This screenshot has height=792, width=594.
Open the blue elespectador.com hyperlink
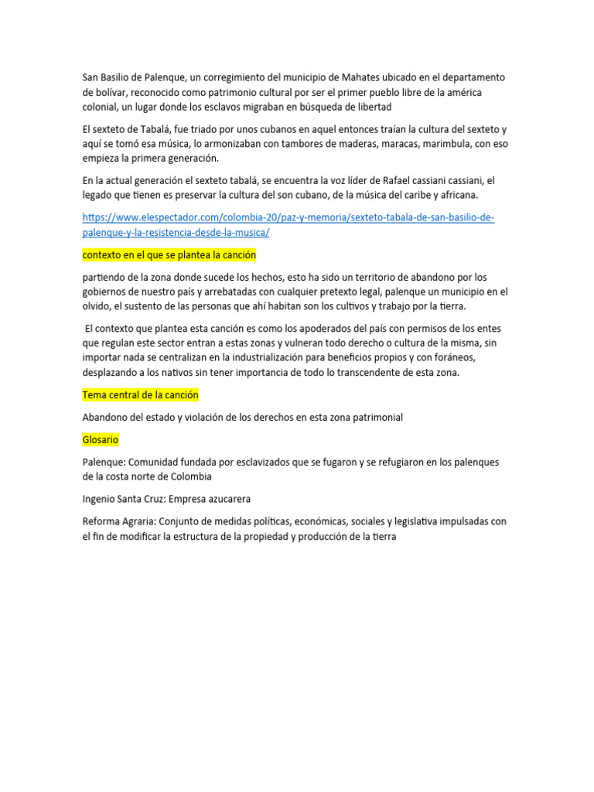[288, 217]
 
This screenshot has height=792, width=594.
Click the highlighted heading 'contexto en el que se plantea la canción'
[169, 254]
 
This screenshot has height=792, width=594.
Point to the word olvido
[97, 306]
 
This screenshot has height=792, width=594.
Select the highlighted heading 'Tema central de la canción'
[141, 395]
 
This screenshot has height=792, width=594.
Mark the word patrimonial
[376, 418]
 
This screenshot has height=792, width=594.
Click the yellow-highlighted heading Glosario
[101, 440]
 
